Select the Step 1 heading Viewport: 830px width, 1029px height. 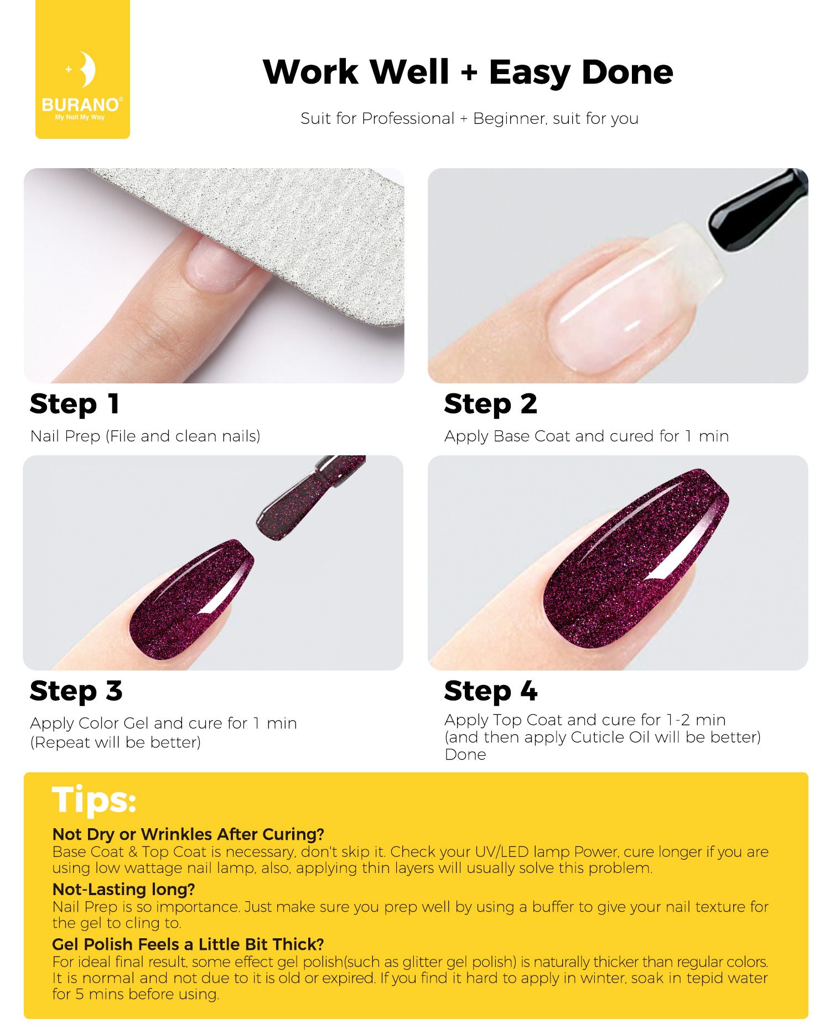[x=75, y=404]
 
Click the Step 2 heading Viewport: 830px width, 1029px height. [x=490, y=404]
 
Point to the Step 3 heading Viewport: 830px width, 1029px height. [x=76, y=692]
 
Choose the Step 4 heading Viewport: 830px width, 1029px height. [x=491, y=692]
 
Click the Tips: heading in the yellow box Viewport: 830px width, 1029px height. [x=94, y=800]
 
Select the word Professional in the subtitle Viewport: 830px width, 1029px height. [x=408, y=119]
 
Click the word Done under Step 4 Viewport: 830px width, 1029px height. [x=465, y=755]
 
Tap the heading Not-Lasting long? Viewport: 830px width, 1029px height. [x=124, y=890]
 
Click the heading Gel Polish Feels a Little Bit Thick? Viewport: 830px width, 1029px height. [x=188, y=944]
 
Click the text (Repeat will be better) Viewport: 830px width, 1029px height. [x=116, y=742]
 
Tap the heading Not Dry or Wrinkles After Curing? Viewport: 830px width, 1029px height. [x=188, y=834]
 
